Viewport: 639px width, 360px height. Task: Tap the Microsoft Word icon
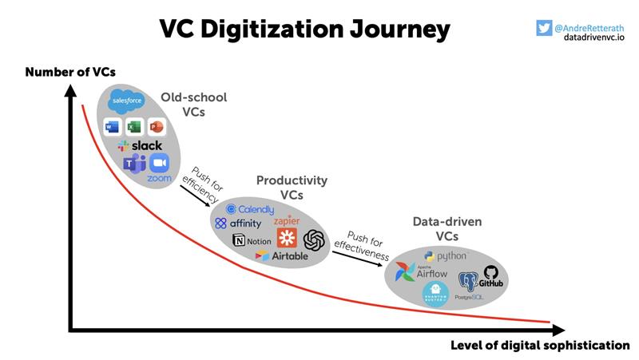112,126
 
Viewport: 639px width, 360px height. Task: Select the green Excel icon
133,126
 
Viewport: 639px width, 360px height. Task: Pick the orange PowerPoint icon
156,126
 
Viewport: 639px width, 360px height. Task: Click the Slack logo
140,145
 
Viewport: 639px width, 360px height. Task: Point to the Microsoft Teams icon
133,163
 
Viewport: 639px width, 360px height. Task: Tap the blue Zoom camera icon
161,163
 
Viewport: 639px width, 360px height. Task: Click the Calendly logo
250,209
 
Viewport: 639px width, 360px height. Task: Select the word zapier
287,220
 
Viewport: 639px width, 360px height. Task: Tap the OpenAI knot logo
314,239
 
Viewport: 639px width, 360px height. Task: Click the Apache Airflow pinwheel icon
406,272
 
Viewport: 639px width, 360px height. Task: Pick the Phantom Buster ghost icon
435,293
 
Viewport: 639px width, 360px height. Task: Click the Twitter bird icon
545,27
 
